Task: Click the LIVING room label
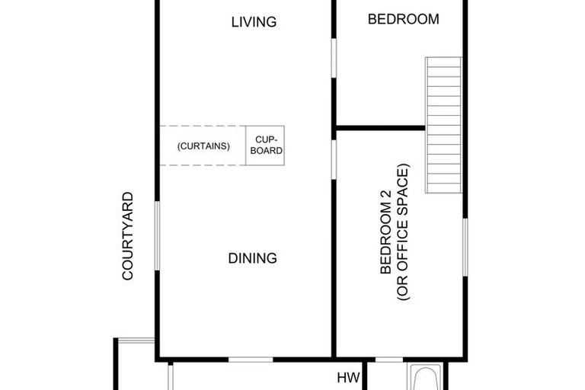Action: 254,22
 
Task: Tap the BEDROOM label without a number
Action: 403,19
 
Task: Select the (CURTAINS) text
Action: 203,146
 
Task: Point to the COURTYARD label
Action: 128,236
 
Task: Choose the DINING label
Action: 252,258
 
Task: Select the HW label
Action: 348,378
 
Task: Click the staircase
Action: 443,125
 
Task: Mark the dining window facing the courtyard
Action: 157,235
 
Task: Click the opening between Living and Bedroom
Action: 334,57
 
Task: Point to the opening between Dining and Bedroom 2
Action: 334,158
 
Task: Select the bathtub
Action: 423,379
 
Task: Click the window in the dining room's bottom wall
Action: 251,359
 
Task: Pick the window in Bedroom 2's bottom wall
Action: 389,359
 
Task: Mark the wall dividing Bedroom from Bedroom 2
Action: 380,127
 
